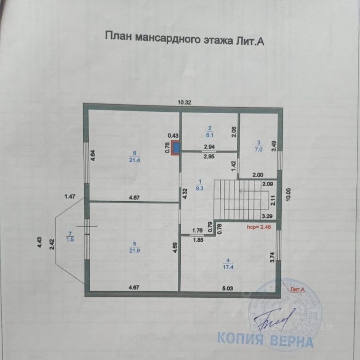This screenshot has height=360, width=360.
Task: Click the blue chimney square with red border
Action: pyautogui.click(x=176, y=148)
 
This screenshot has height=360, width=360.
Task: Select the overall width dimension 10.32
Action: pyautogui.click(x=184, y=103)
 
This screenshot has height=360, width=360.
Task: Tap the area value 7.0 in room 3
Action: pyautogui.click(x=258, y=150)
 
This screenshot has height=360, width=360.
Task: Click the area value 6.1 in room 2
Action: pyautogui.click(x=209, y=135)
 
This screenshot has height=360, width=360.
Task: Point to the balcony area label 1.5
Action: pyautogui.click(x=70, y=239)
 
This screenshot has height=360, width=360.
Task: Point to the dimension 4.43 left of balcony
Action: pyautogui.click(x=40, y=242)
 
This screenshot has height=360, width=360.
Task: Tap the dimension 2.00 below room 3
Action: pyautogui.click(x=257, y=175)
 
